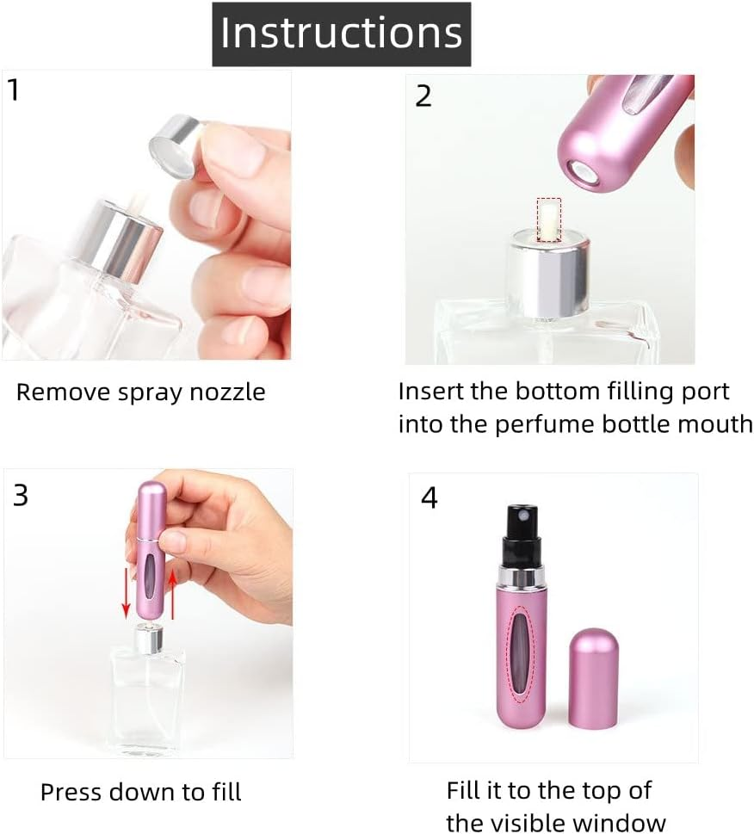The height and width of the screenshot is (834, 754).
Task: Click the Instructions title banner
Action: (x=341, y=34)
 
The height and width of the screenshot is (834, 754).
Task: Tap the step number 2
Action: (x=423, y=96)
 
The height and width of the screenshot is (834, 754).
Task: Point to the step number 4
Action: (x=429, y=497)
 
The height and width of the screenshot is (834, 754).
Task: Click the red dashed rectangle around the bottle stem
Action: (x=548, y=219)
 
